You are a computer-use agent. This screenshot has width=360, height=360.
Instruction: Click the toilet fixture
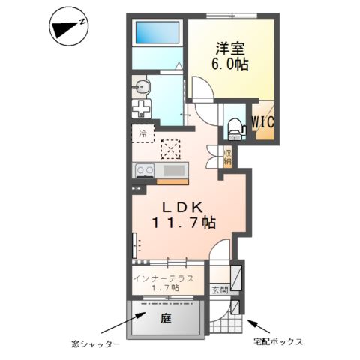[x=234, y=127]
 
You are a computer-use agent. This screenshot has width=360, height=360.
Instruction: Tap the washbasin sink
[x=144, y=87]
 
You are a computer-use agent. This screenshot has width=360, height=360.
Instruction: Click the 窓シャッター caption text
[x=93, y=343]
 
